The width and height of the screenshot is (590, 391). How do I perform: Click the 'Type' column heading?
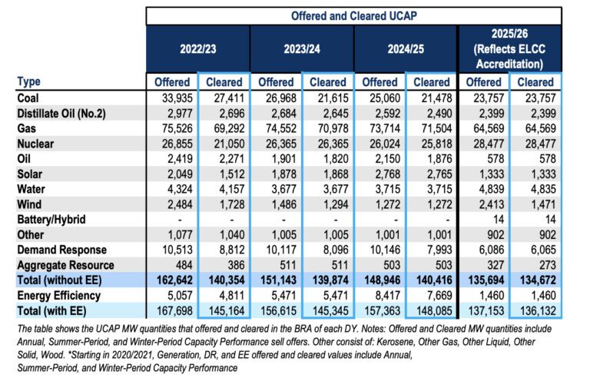click(28, 81)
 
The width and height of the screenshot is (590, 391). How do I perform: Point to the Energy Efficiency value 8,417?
click(381, 295)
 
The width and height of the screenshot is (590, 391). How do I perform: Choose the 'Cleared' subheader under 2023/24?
click(328, 81)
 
